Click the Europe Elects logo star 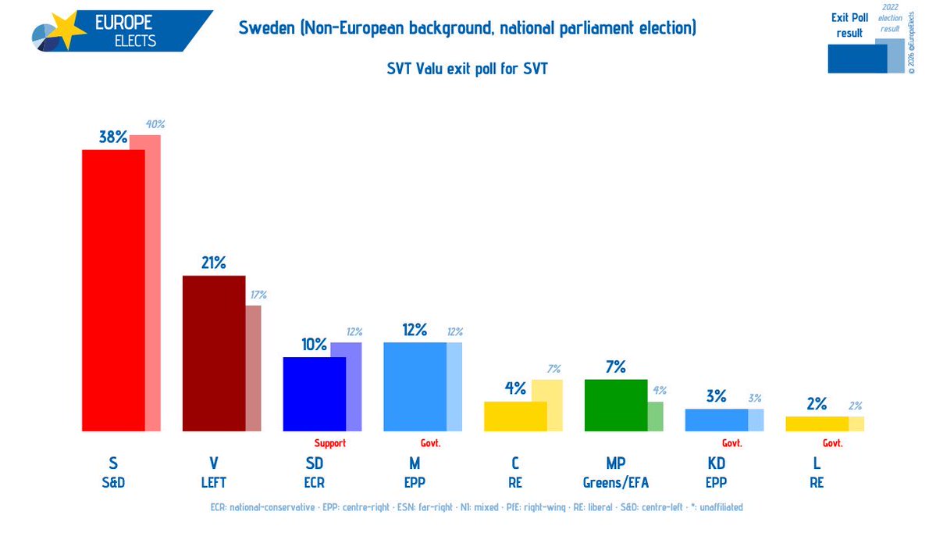(x=67, y=29)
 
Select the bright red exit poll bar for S (x=113, y=290)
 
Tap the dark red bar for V (x=214, y=353)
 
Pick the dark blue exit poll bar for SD (x=315, y=394)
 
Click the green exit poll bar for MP (x=616, y=405)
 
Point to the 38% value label (x=113, y=138)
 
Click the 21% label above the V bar (x=214, y=263)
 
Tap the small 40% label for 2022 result (x=155, y=124)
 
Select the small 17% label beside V (x=258, y=295)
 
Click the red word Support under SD (x=330, y=442)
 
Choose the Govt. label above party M (x=430, y=442)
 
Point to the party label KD (x=717, y=463)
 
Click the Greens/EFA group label (x=616, y=482)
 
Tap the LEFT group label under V (x=214, y=482)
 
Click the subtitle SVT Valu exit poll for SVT (x=468, y=69)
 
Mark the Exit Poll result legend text (x=849, y=26)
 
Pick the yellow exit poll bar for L (x=817, y=424)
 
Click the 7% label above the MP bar (x=616, y=367)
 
